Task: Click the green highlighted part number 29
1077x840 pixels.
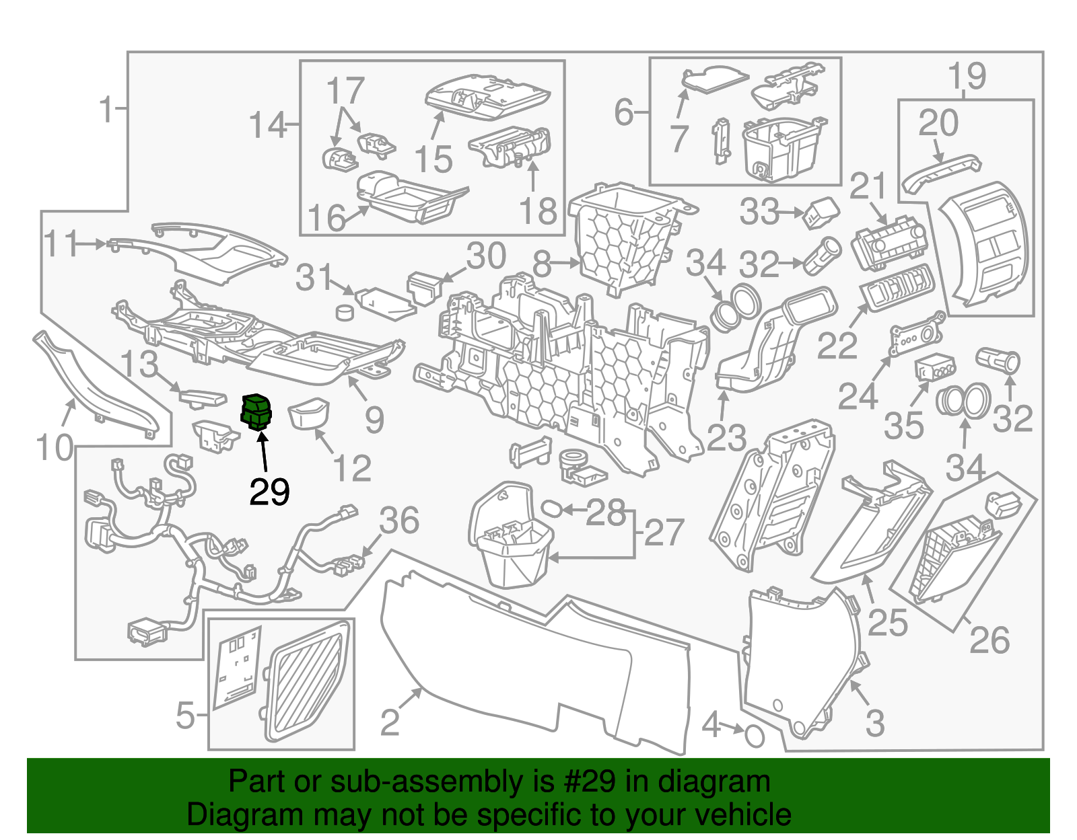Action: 256,412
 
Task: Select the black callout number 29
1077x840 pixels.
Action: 270,492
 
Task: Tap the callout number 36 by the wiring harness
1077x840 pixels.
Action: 399,521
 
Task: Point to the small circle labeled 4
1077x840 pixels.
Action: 755,736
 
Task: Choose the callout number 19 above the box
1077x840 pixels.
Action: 967,76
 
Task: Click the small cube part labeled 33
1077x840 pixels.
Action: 822,213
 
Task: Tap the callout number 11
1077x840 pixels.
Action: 61,243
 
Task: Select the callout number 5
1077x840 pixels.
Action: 186,715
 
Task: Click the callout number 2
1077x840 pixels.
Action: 390,723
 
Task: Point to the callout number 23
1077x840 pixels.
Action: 726,438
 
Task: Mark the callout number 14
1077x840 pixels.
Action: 268,124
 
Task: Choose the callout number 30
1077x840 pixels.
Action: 486,256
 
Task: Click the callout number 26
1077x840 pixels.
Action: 989,640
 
